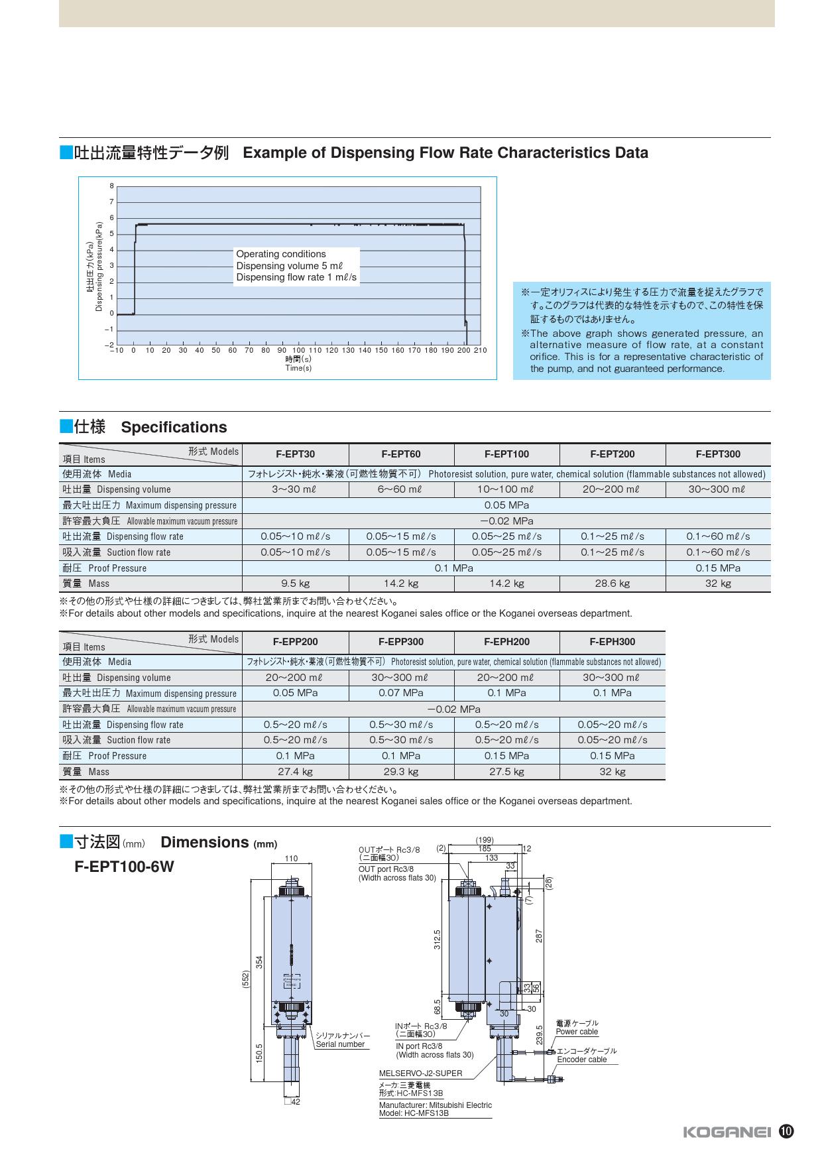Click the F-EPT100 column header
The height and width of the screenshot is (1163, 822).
[x=506, y=454]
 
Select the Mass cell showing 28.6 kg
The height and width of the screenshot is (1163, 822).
[x=612, y=583]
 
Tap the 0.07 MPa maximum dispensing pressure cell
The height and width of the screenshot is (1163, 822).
[x=400, y=693]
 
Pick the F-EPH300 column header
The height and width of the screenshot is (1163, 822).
[x=612, y=642]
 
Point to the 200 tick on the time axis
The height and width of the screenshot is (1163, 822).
[x=464, y=350]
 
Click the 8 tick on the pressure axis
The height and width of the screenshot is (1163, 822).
[x=111, y=186]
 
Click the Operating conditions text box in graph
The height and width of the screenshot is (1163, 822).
[x=296, y=266]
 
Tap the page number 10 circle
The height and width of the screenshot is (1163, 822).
[x=786, y=1131]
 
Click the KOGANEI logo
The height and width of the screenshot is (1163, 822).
[x=727, y=1132]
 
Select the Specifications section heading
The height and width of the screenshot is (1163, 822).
[x=174, y=427]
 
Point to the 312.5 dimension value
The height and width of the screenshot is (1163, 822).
[x=438, y=940]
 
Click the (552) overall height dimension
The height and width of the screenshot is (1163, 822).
[x=245, y=981]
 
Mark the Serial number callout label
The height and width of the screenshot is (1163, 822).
[x=340, y=1044]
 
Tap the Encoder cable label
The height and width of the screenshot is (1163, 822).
[x=582, y=1060]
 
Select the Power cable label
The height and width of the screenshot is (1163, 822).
[x=577, y=1032]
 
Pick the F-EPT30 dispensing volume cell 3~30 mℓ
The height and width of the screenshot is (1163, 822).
[x=295, y=489]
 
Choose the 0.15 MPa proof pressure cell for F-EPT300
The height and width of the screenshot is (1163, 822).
[x=718, y=568]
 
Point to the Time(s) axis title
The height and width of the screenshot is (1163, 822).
[x=298, y=368]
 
